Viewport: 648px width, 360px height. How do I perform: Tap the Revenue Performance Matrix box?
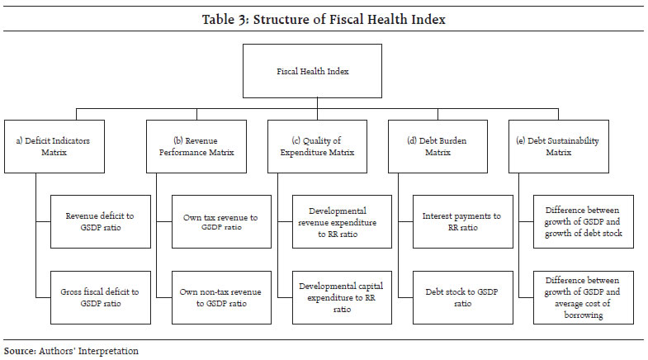point(196,147)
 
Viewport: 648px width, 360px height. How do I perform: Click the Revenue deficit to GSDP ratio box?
point(99,221)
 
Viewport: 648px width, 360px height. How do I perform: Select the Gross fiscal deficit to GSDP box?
point(99,296)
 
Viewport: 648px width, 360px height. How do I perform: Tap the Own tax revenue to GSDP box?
point(220,221)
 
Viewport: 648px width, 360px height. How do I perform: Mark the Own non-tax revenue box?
point(220,296)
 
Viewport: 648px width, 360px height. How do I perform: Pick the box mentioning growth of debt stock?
point(586,221)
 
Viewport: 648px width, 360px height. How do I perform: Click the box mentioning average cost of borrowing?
point(586,296)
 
